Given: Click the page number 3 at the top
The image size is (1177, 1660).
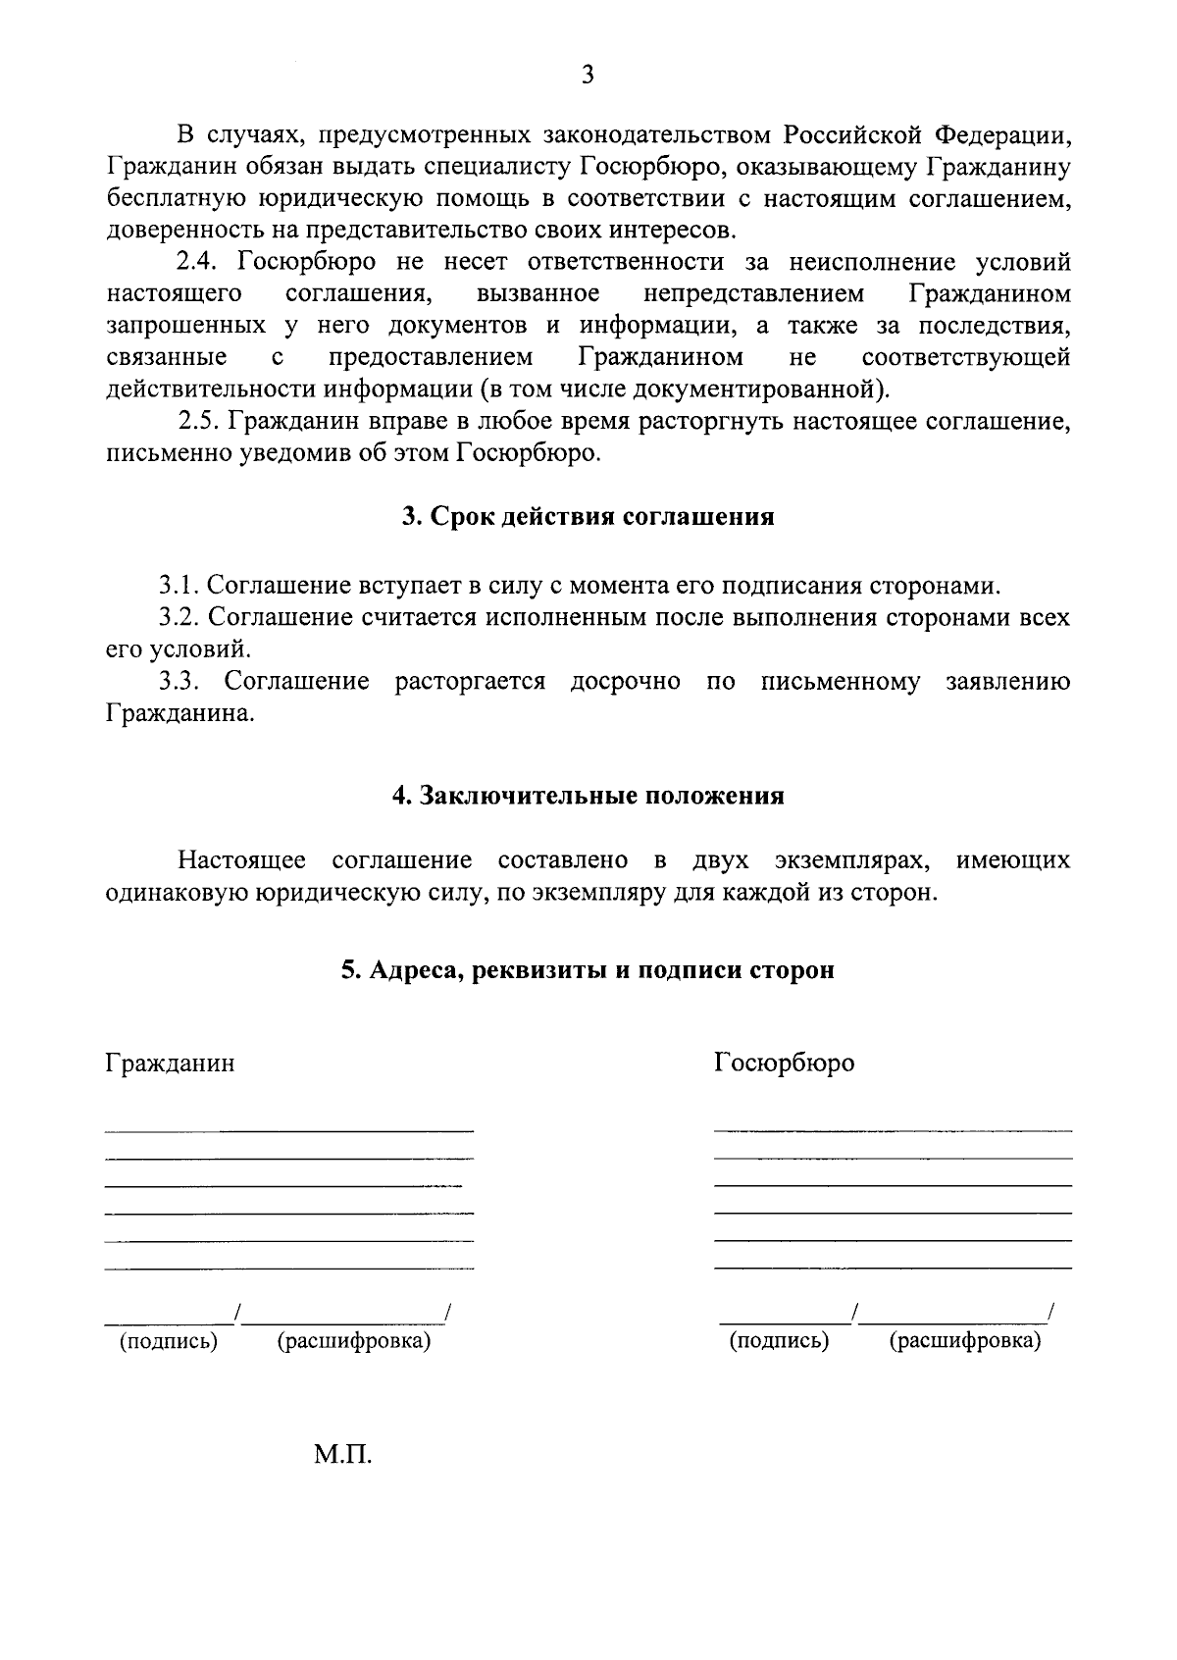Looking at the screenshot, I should coord(587,75).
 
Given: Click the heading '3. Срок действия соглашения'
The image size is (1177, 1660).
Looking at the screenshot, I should coord(588,517).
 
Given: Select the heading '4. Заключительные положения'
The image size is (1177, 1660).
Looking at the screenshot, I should coord(588,796).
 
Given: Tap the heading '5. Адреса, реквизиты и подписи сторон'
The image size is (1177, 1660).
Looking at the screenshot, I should coord(588,970).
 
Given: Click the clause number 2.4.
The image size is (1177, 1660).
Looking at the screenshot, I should coord(201,263).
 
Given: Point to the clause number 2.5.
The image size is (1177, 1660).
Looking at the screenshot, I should coord(201,423).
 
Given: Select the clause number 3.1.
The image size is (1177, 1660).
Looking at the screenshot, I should coord(180,587).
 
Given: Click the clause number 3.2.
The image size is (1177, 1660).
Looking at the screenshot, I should coord(180,618).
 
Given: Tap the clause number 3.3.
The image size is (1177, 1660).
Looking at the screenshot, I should coord(180,682).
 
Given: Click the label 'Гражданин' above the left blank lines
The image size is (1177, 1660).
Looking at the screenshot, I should coord(170,1063).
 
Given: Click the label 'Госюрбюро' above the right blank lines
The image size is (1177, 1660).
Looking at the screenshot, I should coord(784,1063).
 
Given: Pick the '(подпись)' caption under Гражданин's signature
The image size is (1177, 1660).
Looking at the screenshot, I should coord(169,1341).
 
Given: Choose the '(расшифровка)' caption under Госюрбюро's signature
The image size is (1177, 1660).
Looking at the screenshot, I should coord(964,1341).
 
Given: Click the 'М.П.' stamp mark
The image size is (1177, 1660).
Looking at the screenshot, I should coord(343,1455).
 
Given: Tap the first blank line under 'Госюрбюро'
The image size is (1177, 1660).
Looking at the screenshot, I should coord(893,1131).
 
